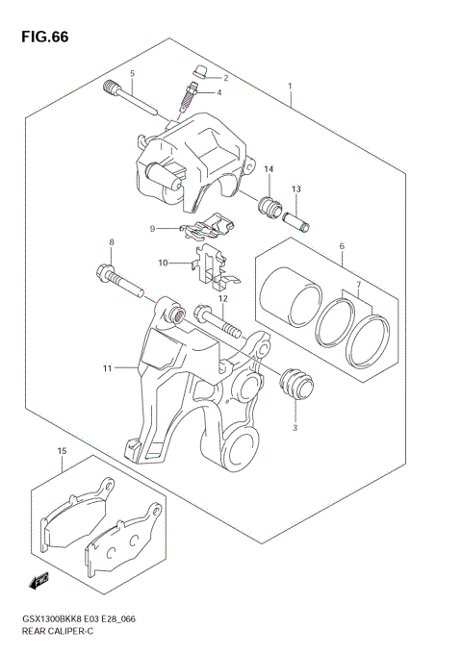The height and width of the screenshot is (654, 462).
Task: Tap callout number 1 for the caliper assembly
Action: tap(290, 87)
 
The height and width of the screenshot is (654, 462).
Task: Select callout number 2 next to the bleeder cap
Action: tap(224, 77)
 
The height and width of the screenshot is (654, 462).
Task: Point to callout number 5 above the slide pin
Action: tap(133, 74)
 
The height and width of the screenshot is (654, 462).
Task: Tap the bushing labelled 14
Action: tap(269, 206)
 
